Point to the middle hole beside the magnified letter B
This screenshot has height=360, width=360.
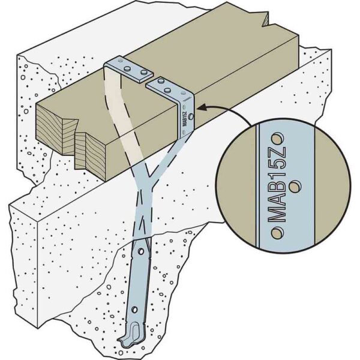click(x=295, y=187)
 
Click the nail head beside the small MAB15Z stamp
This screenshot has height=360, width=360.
click(x=191, y=117)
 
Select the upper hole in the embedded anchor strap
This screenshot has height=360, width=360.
click(x=140, y=251)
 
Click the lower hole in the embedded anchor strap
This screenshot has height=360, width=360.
click(x=134, y=310)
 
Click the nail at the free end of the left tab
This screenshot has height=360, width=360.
click(x=144, y=73)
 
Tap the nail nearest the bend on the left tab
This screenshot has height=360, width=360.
click(x=127, y=68)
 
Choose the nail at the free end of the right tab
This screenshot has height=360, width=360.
click(x=161, y=80)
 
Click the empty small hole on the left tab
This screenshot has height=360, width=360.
click(x=120, y=61)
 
